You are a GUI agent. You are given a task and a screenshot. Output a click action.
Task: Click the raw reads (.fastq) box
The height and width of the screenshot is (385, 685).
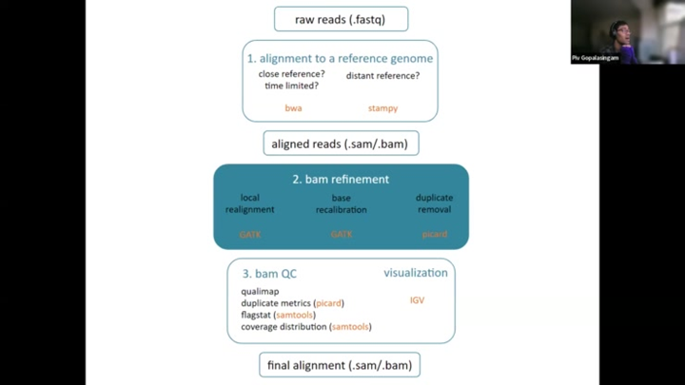tap(341, 18)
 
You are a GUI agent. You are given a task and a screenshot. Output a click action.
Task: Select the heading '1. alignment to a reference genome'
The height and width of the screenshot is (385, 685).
tap(340, 58)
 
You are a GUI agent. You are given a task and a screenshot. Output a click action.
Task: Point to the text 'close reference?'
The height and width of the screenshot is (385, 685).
tap(291, 74)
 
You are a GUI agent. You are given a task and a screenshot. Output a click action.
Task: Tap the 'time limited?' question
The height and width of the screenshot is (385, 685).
tap(291, 86)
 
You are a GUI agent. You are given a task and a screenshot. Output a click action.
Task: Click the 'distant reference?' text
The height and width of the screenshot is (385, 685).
tap(382, 75)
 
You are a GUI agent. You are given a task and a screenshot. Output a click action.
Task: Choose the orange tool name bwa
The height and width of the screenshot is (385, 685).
tap(293, 108)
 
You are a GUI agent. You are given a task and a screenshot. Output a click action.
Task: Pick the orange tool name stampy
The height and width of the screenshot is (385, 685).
tap(382, 108)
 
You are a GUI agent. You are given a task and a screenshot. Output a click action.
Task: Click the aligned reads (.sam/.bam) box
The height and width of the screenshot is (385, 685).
tap(341, 144)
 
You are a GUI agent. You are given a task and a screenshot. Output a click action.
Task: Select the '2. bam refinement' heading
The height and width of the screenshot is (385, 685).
tap(341, 179)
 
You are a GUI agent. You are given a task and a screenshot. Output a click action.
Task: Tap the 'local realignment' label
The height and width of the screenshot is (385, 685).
tap(250, 203)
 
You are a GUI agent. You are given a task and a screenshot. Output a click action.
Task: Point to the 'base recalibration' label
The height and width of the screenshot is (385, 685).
tap(341, 203)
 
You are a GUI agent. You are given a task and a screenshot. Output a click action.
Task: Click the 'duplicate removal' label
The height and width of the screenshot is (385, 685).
tap(434, 203)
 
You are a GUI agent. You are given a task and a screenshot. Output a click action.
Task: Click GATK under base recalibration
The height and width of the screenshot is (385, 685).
tap(341, 234)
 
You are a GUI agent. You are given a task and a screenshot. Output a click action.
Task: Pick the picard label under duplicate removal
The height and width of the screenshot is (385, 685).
tap(434, 234)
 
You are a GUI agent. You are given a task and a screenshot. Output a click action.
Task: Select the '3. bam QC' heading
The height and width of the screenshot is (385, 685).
tap(268, 274)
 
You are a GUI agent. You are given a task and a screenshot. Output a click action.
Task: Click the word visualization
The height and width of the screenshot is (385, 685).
tap(415, 273)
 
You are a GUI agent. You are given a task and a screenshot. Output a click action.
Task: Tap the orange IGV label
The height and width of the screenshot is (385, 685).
tap(417, 300)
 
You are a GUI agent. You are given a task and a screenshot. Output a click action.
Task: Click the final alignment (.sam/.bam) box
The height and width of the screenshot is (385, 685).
tap(340, 365)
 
